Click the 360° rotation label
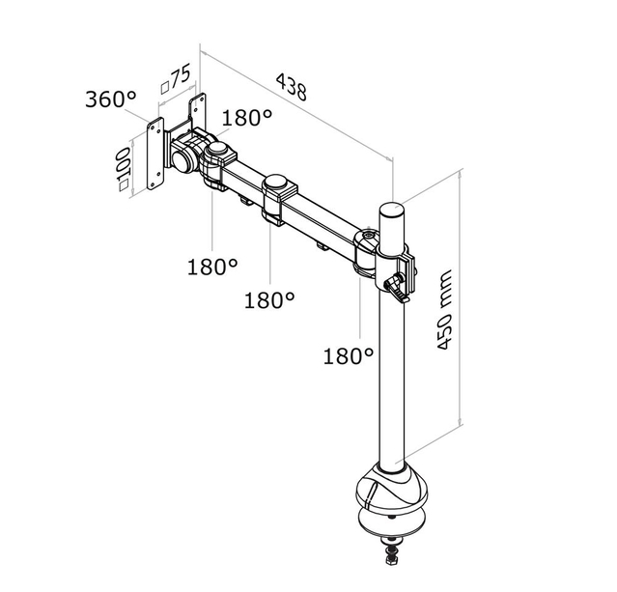111,99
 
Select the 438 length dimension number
290,87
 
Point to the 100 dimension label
123,172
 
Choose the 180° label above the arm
248,118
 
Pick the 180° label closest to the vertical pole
348,356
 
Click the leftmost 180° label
211,266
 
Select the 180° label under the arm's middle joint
268,300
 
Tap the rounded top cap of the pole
391,211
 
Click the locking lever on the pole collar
395,284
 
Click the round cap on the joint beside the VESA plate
221,151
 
